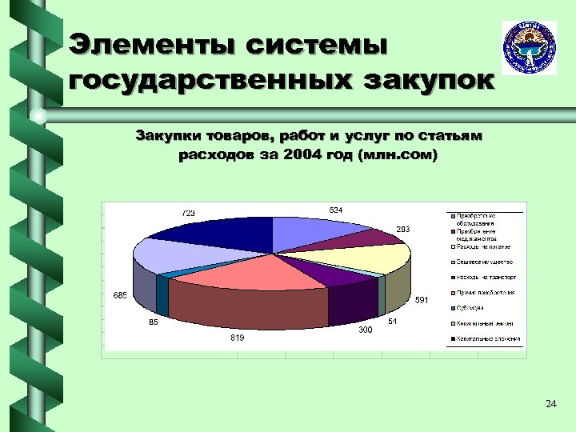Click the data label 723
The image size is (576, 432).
click(x=189, y=213)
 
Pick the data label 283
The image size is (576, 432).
click(x=403, y=230)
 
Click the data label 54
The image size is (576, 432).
click(x=393, y=321)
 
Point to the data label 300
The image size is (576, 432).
click(x=365, y=330)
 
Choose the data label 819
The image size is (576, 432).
click(x=237, y=338)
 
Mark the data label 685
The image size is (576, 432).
click(x=120, y=296)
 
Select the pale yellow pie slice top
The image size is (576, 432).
click(x=376, y=258)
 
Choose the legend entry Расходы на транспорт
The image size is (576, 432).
click(x=486, y=277)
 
